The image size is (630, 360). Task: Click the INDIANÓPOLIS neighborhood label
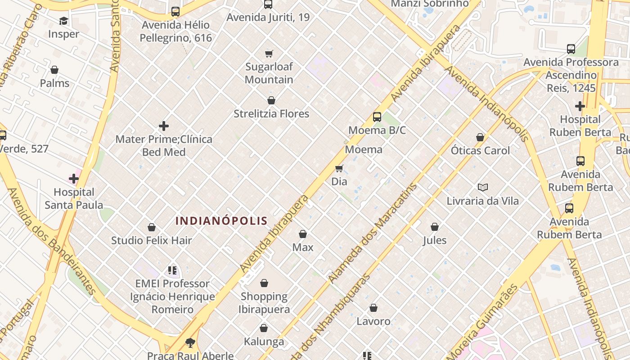click(x=221, y=221)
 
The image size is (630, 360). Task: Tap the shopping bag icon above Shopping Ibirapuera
click(x=264, y=283)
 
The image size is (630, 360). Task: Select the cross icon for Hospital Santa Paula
click(x=74, y=179)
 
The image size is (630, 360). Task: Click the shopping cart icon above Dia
click(x=339, y=169)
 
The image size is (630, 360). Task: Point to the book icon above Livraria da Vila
click(x=483, y=187)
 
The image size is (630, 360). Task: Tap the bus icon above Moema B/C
click(x=377, y=117)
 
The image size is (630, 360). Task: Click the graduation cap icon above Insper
click(x=63, y=21)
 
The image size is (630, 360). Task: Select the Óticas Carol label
click(x=480, y=150)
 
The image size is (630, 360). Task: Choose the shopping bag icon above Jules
click(x=435, y=227)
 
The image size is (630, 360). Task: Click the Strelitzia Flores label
click(x=271, y=114)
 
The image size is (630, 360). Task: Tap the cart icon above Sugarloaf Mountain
click(x=269, y=54)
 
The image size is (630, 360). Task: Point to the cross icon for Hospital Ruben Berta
click(x=580, y=106)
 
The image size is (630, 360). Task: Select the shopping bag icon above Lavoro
click(x=373, y=308)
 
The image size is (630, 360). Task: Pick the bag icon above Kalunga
click(x=264, y=328)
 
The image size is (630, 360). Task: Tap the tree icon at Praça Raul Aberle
click(x=190, y=343)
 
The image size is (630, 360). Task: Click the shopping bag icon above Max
click(x=303, y=234)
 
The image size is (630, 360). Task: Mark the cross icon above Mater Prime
click(x=164, y=126)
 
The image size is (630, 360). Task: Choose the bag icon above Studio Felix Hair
click(x=152, y=227)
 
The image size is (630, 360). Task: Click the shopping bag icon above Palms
click(x=54, y=70)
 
